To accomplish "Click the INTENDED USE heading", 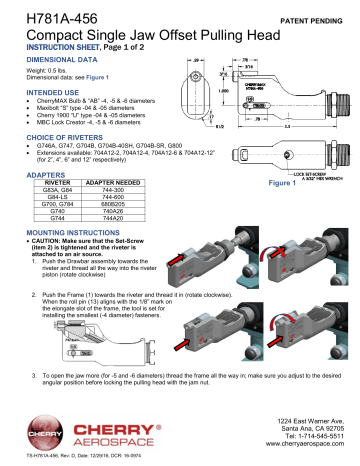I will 37,91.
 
